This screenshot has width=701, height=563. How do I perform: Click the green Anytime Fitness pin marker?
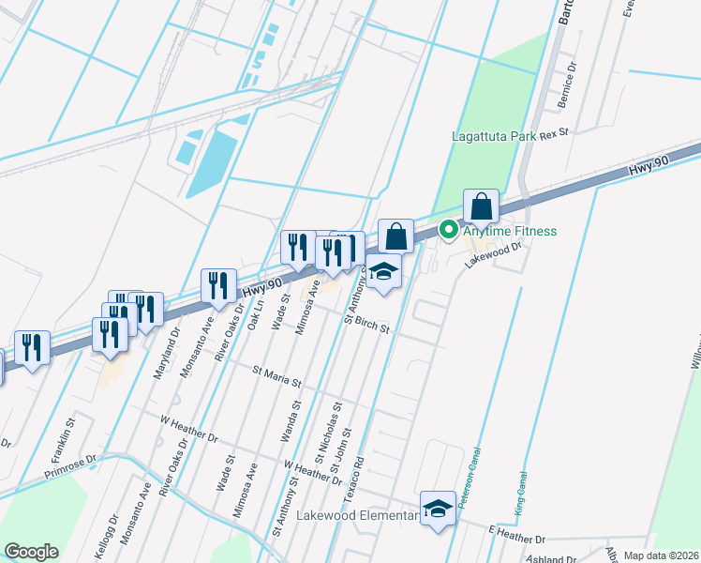pyautogui.click(x=449, y=228)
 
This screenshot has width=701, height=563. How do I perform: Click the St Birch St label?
pyautogui.click(x=368, y=324)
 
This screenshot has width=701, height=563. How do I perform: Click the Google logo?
pyautogui.click(x=31, y=552)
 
